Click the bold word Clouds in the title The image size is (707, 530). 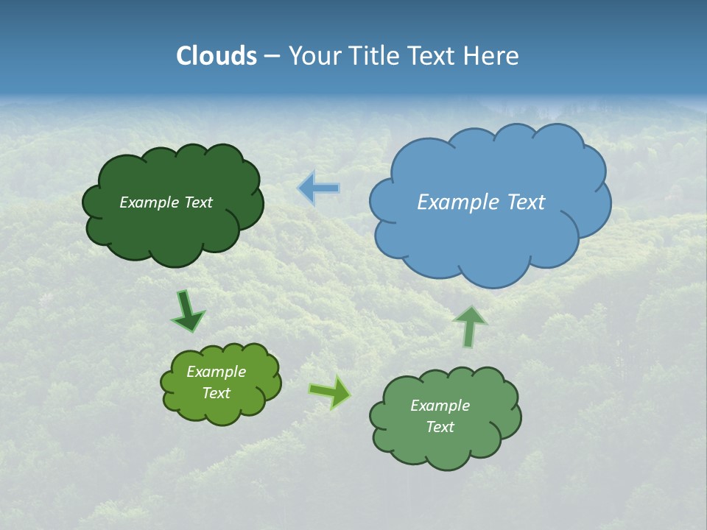coord(216,56)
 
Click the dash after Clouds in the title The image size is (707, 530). coord(272,57)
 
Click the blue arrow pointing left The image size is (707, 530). coord(319,188)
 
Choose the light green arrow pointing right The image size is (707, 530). coord(330,392)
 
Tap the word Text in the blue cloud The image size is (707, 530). coord(526,202)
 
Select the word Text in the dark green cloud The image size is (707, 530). coord(197,202)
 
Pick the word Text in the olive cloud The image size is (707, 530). coord(216,393)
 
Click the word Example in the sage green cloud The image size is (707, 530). coord(440,406)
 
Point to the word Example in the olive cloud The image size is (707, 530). coord(216,372)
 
